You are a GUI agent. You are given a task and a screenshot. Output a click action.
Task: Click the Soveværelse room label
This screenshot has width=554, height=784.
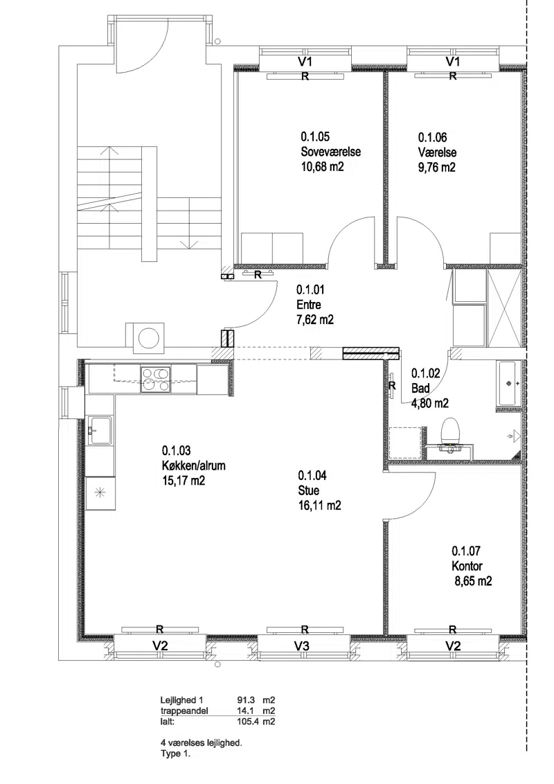tap(330, 152)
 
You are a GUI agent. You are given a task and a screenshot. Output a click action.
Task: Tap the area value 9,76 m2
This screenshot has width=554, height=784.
tap(436, 168)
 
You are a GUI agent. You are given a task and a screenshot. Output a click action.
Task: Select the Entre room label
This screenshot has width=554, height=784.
tap(308, 305)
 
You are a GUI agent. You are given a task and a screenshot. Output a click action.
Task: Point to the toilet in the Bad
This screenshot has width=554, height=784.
tap(451, 433)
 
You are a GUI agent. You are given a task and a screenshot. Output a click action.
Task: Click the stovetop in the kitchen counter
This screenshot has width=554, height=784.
tap(156, 380)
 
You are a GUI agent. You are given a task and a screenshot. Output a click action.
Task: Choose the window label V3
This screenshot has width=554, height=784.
tap(301, 645)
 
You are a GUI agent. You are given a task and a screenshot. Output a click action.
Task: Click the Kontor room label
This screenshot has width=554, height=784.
tap(467, 566)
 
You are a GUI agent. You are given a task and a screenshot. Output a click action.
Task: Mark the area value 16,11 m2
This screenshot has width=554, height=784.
tap(319, 506)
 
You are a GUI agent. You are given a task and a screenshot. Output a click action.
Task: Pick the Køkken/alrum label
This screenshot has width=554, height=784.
tap(193, 465)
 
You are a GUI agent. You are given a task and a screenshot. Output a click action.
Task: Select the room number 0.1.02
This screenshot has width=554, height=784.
tap(425, 373)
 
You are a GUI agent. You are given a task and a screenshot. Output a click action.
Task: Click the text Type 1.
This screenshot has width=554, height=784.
tap(175, 754)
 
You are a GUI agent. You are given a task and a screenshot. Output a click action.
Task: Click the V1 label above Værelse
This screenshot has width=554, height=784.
tap(452, 62)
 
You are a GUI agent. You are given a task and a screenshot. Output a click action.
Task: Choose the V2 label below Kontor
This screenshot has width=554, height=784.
tap(452, 645)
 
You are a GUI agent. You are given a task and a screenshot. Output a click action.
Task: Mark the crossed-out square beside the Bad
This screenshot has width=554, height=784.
tap(505, 308)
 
